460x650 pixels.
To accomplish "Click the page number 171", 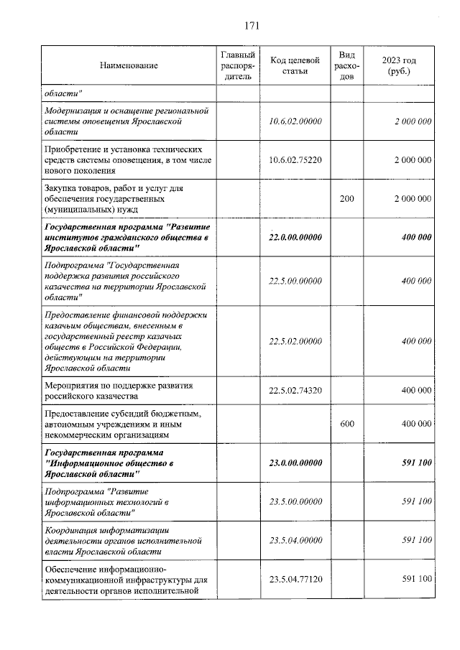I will click(251, 27).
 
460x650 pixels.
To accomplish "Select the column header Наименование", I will click(129, 65).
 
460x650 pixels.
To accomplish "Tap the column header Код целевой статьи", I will click(295, 65).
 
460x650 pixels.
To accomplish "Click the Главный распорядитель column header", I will click(238, 65).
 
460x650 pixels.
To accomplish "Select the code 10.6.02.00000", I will click(295, 121).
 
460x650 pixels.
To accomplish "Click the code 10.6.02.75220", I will click(295, 159).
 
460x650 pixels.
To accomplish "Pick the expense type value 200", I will click(346, 198).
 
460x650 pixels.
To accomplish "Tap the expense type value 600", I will click(346, 424).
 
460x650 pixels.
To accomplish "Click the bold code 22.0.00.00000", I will click(295, 237).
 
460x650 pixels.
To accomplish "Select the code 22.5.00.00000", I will click(295, 281).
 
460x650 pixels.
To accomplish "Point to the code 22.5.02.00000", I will click(295, 341).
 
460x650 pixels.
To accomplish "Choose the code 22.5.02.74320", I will click(295, 390).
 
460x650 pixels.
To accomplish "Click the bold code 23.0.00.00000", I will click(295, 463).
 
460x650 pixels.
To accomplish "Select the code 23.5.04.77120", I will click(295, 579).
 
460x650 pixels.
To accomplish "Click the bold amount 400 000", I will click(416, 237).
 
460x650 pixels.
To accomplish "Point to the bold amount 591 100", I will click(416, 463).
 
